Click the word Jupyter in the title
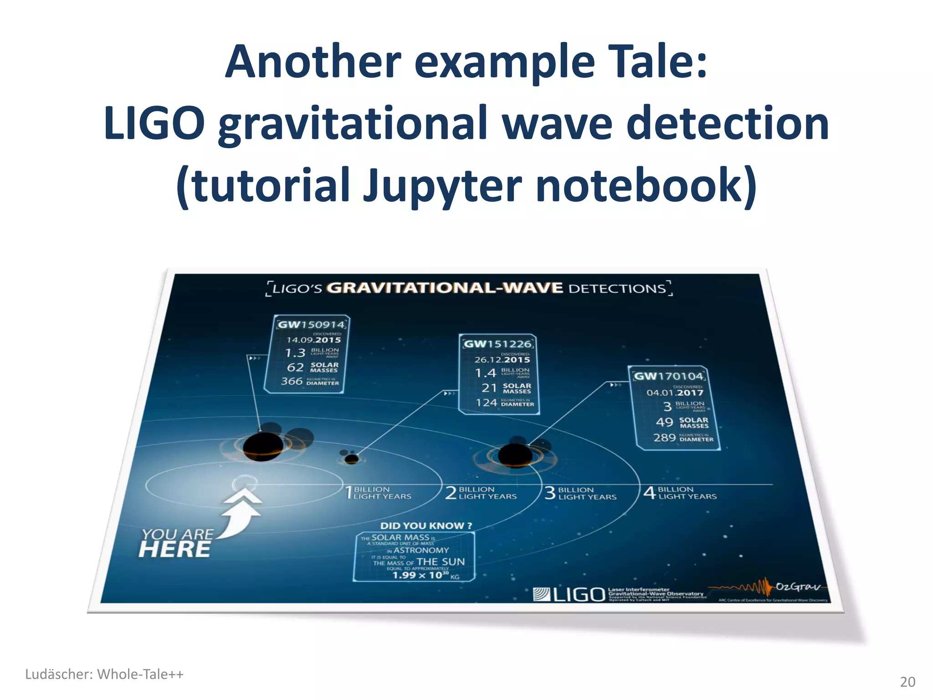442,186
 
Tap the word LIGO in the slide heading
154,124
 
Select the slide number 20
907,682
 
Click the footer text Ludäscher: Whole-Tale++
104,674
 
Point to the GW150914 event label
312,324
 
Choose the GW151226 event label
498,344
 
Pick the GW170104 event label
669,376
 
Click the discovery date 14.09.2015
313,340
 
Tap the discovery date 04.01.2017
675,392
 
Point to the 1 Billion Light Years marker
378,493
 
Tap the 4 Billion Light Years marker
680,493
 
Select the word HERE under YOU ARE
175,550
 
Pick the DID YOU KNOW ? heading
426,525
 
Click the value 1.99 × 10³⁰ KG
425,575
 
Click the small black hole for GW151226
351,458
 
